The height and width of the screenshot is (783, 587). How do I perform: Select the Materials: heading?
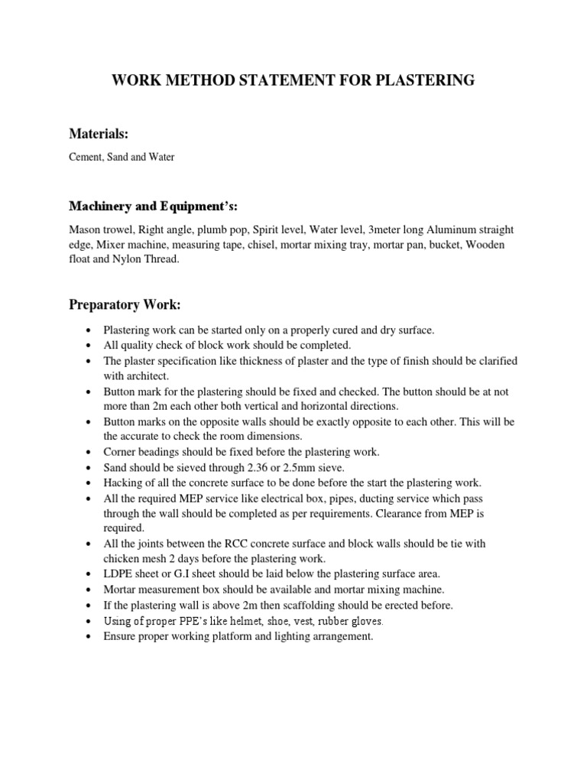coord(99,134)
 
